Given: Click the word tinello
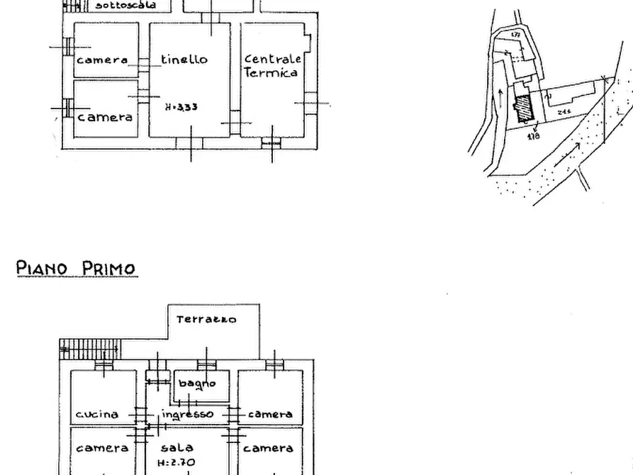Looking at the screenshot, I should click(x=184, y=60).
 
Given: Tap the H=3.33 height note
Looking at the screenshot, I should click(x=181, y=107).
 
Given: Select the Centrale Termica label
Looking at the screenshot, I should click(x=272, y=66).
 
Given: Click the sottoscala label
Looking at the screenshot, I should click(x=125, y=5).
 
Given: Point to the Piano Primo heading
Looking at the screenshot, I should click(x=76, y=269).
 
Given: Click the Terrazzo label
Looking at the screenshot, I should click(x=206, y=320).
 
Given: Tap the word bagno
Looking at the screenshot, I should click(x=196, y=384).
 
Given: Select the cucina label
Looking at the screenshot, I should click(x=97, y=414).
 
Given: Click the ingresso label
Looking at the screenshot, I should click(x=187, y=414).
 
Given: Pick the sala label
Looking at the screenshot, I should click(x=177, y=448).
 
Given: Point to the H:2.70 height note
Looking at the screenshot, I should click(x=176, y=462).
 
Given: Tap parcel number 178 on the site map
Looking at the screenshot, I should click(x=533, y=135).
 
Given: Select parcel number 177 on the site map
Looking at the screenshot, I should click(x=516, y=35).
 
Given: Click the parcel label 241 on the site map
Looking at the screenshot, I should click(x=565, y=112).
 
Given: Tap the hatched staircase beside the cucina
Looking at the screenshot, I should click(x=90, y=349).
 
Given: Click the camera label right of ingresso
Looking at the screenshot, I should click(x=270, y=414).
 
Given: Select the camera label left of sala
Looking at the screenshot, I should click(x=102, y=448).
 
